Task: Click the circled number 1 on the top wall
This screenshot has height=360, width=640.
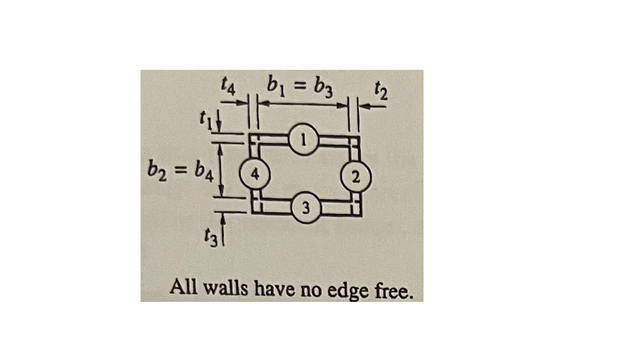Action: [304, 139]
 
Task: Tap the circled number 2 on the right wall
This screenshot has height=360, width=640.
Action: [357, 177]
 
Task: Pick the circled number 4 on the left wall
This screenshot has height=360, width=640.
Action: [254, 174]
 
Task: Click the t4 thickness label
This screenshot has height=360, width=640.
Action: [230, 88]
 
